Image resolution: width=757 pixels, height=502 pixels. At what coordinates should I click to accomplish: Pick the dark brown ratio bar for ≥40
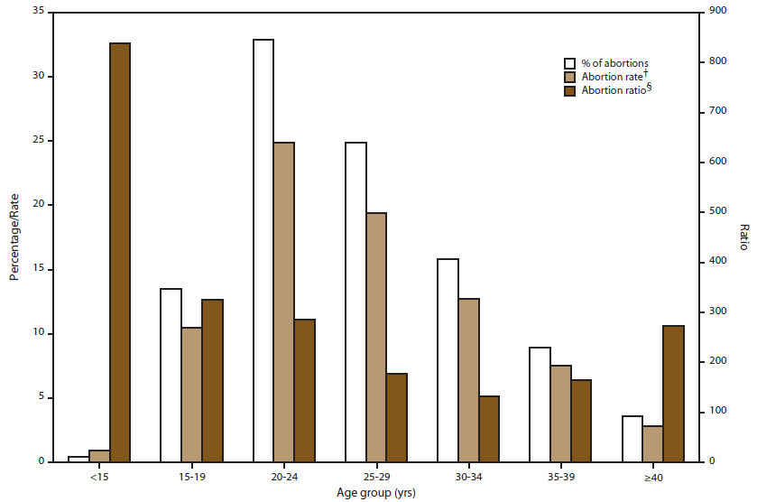point(674,393)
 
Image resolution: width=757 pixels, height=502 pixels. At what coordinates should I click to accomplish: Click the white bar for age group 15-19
point(171,375)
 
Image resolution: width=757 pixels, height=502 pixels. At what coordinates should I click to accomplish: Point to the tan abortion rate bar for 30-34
point(468,379)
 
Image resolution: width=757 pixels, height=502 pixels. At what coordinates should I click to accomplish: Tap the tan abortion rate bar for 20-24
point(284,302)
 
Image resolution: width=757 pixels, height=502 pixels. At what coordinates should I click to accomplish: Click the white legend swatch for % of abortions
point(570,63)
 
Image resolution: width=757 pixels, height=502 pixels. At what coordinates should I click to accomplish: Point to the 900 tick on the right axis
point(715,12)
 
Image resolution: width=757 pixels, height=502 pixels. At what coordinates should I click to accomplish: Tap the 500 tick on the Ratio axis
point(715,211)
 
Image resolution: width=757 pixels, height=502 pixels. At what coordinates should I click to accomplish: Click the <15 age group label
point(99,475)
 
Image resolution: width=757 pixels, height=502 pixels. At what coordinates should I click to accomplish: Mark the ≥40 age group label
point(653,475)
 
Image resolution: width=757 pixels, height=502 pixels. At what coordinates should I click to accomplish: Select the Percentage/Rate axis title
point(14,237)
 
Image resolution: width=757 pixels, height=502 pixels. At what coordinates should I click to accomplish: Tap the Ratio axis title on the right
point(743,237)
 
